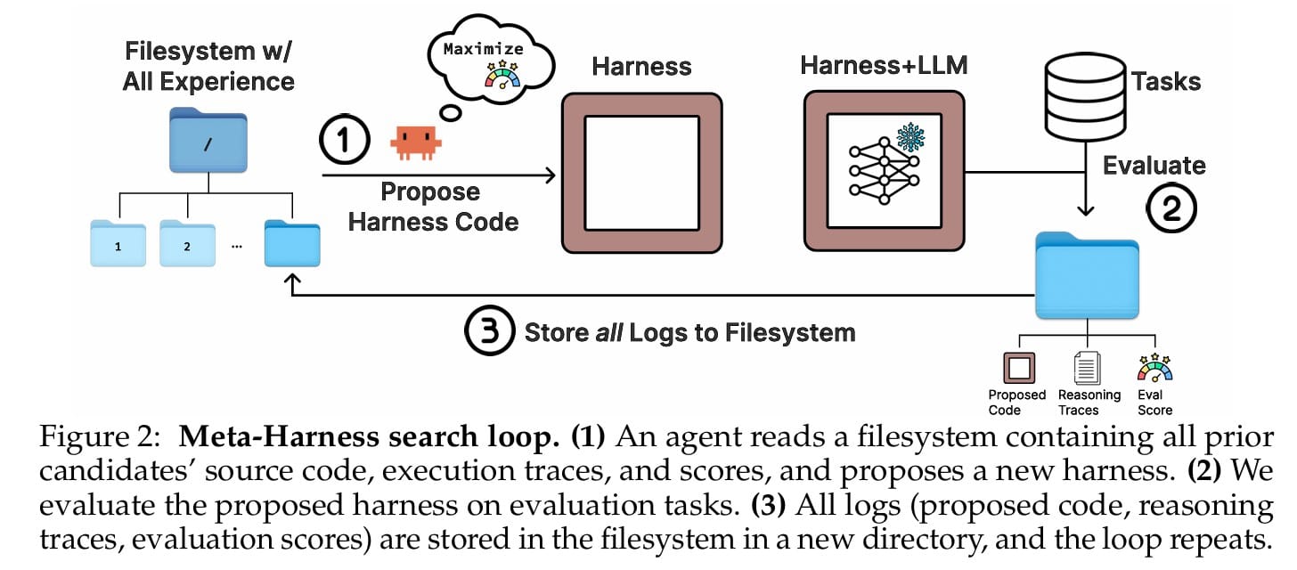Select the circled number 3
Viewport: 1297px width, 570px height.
pyautogui.click(x=489, y=331)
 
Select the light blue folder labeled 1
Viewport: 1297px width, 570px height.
pyautogui.click(x=118, y=242)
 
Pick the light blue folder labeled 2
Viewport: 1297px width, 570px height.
pyautogui.click(x=187, y=242)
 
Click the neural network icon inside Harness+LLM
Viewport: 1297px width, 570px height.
pyautogui.click(x=877, y=170)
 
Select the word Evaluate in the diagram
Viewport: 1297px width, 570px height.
pyautogui.click(x=1154, y=166)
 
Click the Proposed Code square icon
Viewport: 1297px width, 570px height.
pyautogui.click(x=1016, y=368)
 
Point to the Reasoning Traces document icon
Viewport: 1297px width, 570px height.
pyautogui.click(x=1089, y=368)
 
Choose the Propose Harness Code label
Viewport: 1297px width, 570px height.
pyautogui.click(x=433, y=207)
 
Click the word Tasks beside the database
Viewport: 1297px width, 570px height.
pyautogui.click(x=1166, y=82)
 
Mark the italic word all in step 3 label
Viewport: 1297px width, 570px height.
pyautogui.click(x=608, y=332)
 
